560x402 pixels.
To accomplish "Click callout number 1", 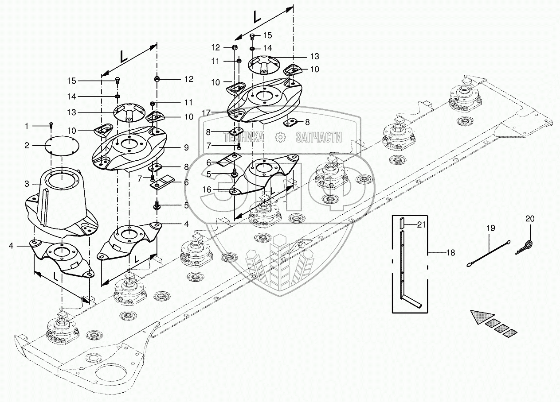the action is (x=27, y=126).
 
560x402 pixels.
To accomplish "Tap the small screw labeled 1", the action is (x=51, y=125).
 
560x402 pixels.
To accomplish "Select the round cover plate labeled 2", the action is (x=62, y=146).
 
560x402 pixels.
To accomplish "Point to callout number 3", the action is (x=27, y=184).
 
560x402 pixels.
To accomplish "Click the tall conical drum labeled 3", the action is (x=62, y=202).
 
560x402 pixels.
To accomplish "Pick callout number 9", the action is (x=186, y=147).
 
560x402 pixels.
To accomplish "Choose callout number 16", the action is (x=207, y=190).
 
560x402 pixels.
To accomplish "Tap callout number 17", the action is (x=207, y=113).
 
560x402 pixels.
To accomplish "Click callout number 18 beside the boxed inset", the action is (x=450, y=253).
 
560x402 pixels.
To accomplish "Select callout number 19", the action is (x=490, y=228).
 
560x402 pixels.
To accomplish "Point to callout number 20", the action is (x=530, y=219).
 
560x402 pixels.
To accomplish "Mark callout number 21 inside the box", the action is (x=421, y=225).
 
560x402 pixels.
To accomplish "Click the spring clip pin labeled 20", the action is (x=524, y=247).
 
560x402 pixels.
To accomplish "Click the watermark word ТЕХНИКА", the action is (x=243, y=137).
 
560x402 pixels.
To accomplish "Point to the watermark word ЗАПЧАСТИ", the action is (x=319, y=137).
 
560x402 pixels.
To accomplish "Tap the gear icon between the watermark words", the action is (x=280, y=137).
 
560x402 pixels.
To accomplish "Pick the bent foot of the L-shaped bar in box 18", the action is (x=411, y=301).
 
